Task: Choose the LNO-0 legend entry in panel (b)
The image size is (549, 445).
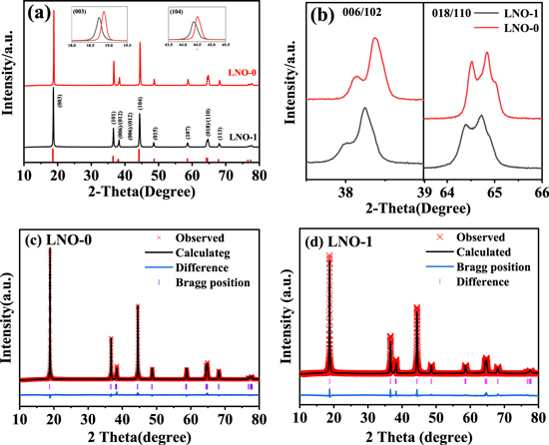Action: point(518,32)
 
